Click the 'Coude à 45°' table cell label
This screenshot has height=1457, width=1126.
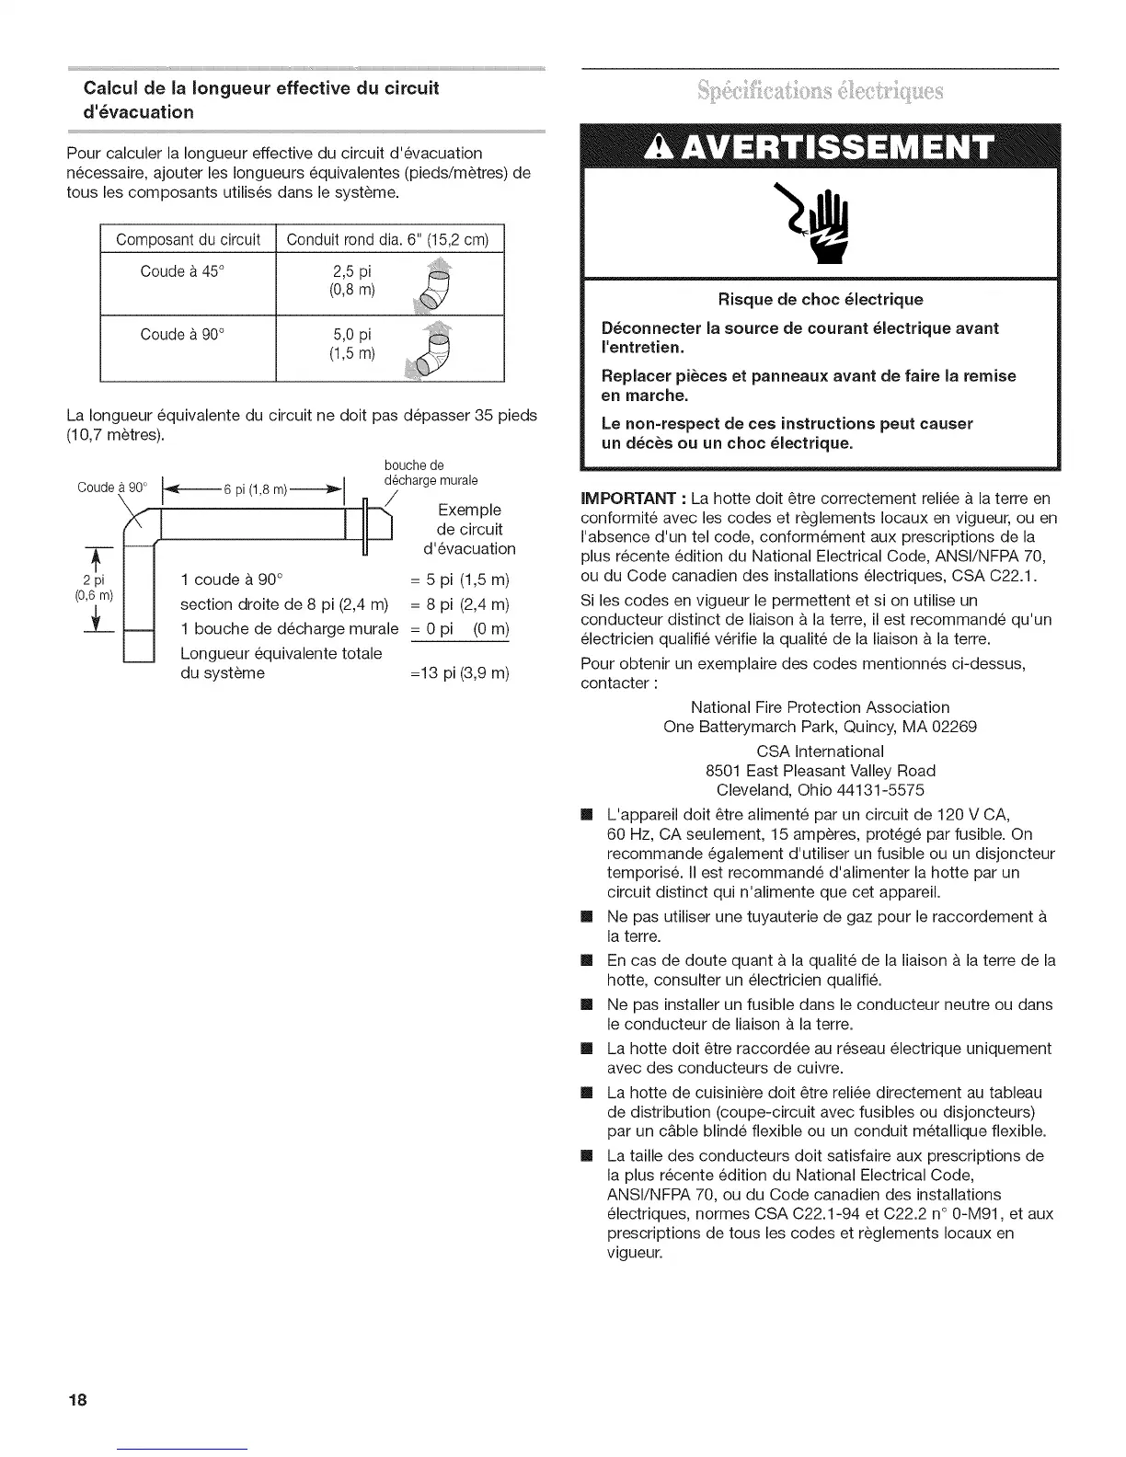click(181, 271)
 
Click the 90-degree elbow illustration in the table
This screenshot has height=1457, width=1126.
click(435, 350)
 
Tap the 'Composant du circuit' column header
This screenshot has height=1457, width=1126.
click(188, 240)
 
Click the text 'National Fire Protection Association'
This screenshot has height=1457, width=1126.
click(820, 707)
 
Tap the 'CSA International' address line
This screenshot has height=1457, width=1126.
click(820, 751)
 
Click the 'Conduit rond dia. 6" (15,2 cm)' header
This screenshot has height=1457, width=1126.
click(389, 240)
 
